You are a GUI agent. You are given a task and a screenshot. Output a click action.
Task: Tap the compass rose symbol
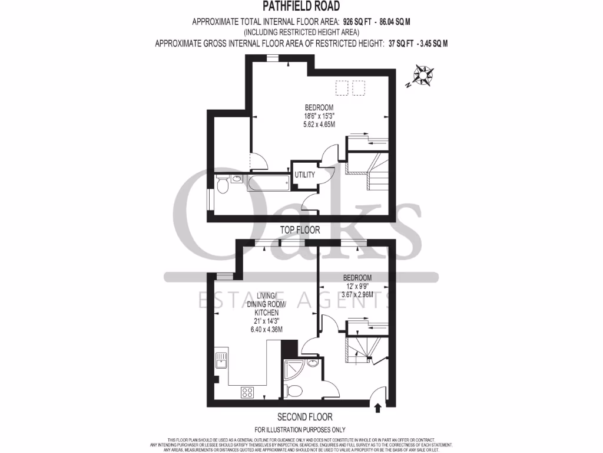[x=423, y=76]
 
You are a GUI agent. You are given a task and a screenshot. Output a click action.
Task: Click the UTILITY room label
[x=305, y=175]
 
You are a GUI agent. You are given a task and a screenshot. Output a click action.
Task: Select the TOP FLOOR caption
[x=301, y=230]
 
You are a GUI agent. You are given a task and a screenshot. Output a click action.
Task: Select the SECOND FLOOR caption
[x=301, y=416]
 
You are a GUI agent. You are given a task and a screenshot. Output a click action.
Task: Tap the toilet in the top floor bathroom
[x=223, y=185]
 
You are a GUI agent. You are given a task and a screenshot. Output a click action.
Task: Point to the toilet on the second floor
[x=294, y=390]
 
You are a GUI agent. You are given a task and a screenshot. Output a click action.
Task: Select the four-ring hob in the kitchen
[x=247, y=392]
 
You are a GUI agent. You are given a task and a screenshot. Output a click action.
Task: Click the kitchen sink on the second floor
[x=221, y=359]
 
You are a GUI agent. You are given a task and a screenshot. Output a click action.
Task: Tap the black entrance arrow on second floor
[x=377, y=407]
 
